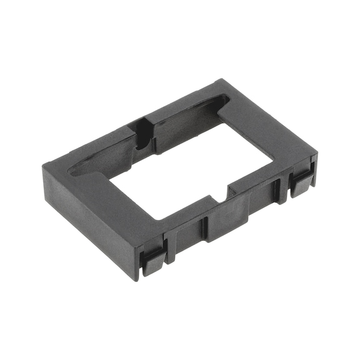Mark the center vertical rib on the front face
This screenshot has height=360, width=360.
point(204,227)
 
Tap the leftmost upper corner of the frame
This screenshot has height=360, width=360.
point(44,164)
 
